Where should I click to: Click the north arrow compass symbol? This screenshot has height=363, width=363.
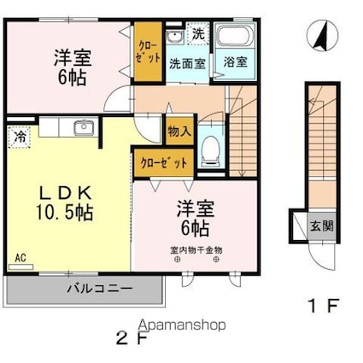pos(322,36)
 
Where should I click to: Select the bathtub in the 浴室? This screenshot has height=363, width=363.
pos(235,36)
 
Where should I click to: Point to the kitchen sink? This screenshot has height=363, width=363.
pos(84,128)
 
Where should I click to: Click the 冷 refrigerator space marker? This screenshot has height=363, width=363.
pos(20,138)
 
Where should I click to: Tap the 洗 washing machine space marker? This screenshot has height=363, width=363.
pos(198,34)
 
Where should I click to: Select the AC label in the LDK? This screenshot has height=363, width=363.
pos(20,258)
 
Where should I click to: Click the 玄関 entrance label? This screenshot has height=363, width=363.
pos(322,226)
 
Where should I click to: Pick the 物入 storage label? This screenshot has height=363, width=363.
pos(179,132)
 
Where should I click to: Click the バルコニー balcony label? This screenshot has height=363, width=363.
pos(100,289)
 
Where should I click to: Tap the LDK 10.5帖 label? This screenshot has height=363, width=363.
pos(65,202)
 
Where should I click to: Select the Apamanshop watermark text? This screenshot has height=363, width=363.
pos(182,325)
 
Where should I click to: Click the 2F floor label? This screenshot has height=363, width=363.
pos(132,338)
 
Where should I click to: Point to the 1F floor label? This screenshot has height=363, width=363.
pos(324,306)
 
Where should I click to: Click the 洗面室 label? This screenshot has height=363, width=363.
pos(187,63)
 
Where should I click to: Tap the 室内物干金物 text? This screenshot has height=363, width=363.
pos(196,250)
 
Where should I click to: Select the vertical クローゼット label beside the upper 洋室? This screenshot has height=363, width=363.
pos(148,52)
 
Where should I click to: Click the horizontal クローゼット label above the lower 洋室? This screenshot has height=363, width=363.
pos(164,163)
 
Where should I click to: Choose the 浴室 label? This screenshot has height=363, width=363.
pos(235,61)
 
